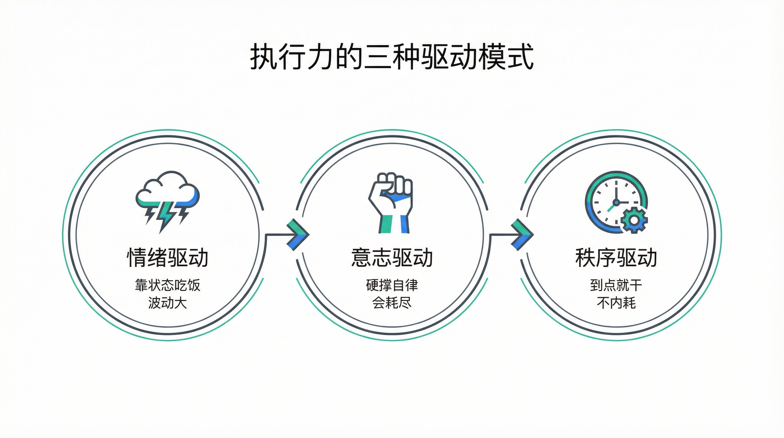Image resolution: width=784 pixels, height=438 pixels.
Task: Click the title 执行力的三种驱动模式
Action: pyautogui.click(x=392, y=57)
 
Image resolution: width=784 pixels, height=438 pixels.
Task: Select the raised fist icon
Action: pyautogui.click(x=391, y=202)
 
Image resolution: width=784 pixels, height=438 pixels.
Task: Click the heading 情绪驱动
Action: pyautogui.click(x=168, y=258)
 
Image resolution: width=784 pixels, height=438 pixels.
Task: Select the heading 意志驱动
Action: pyautogui.click(x=392, y=258)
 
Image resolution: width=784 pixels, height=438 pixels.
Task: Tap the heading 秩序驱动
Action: pyautogui.click(x=616, y=258)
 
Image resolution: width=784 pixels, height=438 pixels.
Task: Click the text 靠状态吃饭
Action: pyautogui.click(x=168, y=285)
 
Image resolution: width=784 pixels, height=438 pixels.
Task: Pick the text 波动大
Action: pyautogui.click(x=168, y=303)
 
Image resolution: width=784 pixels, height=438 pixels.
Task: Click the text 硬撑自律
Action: pyautogui.click(x=392, y=285)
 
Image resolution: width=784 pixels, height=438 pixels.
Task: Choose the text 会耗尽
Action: pyautogui.click(x=392, y=303)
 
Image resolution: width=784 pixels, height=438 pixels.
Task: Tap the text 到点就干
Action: pyautogui.click(x=616, y=285)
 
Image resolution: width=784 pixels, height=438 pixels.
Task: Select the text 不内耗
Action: pyautogui.click(x=616, y=303)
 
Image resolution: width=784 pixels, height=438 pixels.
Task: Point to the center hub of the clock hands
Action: pyautogui.click(x=616, y=202)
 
